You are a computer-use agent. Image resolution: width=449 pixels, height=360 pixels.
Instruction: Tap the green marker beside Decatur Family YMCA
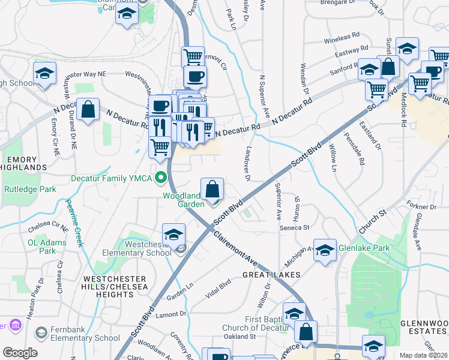pyautogui.click(x=160, y=178)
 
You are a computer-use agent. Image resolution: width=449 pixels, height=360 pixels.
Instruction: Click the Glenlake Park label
pyautogui.click(x=364, y=248)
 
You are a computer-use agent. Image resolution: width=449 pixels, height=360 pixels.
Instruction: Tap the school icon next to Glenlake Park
pyautogui.click(x=325, y=250)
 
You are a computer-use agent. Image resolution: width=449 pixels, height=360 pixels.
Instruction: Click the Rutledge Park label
pyautogui.click(x=30, y=189)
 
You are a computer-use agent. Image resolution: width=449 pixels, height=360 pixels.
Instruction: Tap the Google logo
pyautogui.click(x=20, y=353)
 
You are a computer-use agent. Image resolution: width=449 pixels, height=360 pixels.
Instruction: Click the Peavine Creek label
pyautogui.click(x=74, y=222)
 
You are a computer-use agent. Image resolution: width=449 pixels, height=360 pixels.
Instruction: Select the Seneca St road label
pyautogui.click(x=294, y=227)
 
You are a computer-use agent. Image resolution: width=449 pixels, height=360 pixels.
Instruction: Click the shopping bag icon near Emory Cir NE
pyautogui.click(x=88, y=110)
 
